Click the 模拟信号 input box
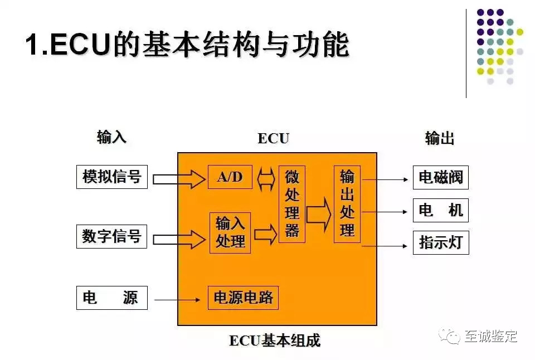click(111, 177)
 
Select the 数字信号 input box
click(111, 236)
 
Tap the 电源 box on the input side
click(111, 298)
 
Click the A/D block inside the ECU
click(230, 177)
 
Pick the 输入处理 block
click(230, 233)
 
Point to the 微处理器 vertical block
click(292, 204)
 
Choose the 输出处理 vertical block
click(347, 204)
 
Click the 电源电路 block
click(243, 298)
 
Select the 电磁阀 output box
click(440, 178)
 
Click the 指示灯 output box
click(440, 242)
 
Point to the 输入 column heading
click(111, 138)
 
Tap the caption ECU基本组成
click(275, 340)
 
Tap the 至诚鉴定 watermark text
click(490, 337)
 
